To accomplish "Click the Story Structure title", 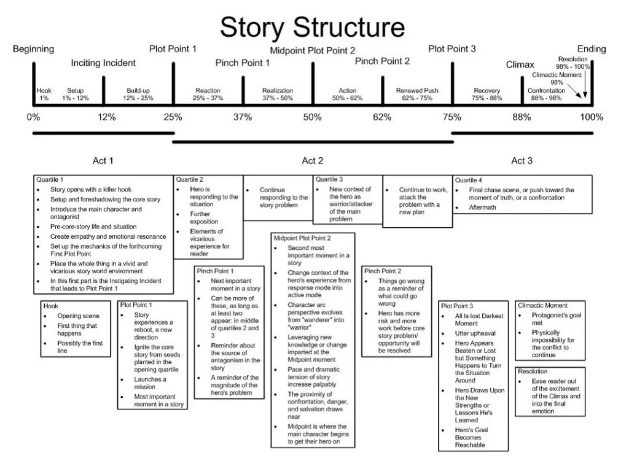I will point(313,27).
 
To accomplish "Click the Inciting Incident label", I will point(103,63).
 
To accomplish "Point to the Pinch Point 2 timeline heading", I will point(382,61).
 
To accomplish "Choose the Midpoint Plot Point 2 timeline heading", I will point(313,50).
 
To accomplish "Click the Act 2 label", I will point(313,161).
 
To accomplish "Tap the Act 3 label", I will point(522,161).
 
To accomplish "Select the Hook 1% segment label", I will point(44,95).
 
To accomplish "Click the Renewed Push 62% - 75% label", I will point(418,95).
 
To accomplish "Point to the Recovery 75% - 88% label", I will point(487,95).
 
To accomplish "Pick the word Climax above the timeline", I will point(520,64).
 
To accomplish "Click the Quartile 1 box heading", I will point(50,180).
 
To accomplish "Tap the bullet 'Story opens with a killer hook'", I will point(91,190).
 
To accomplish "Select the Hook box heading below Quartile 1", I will point(51,306).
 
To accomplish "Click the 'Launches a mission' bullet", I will point(150,383).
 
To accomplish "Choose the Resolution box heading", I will point(533,371).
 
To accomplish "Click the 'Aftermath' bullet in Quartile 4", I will point(482,208).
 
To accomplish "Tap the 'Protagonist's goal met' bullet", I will point(550,319).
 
